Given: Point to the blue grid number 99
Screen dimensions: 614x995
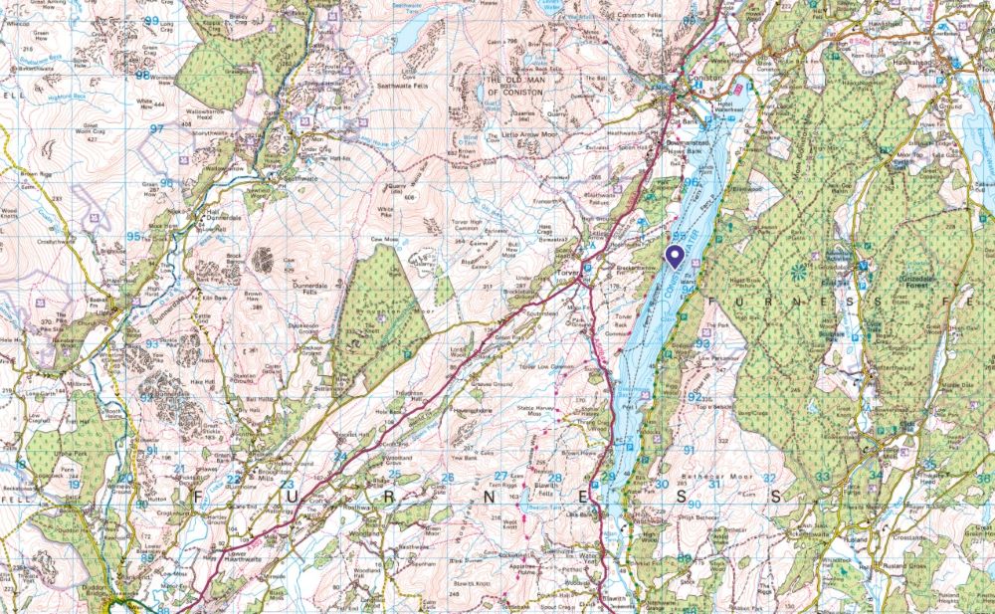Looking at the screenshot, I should click(x=151, y=21).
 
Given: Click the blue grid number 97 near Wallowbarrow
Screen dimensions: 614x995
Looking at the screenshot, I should click(x=156, y=129).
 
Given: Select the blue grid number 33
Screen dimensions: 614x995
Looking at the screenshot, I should click(x=823, y=477).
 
